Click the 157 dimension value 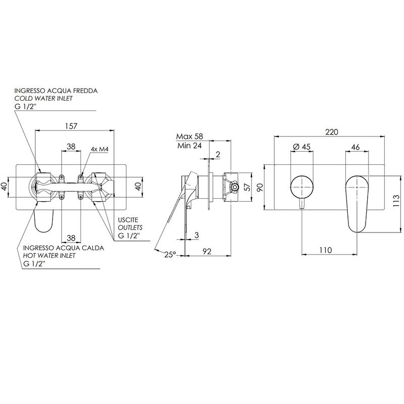click(x=71, y=126)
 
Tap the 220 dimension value click(x=331, y=132)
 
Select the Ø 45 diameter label click(x=301, y=147)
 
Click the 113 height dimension click(x=396, y=201)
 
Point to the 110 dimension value click(x=326, y=250)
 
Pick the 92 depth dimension click(x=207, y=251)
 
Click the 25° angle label click(x=170, y=255)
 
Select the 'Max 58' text click(x=190, y=136)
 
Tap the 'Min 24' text click(x=189, y=146)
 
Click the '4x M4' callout click(x=99, y=149)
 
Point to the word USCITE click(x=128, y=220)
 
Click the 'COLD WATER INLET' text click(x=43, y=98)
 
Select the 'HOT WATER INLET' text click(x=49, y=256)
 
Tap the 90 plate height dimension click(x=260, y=187)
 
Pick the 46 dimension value click(x=356, y=147)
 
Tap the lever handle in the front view click(x=357, y=204)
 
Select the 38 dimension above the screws click(x=71, y=146)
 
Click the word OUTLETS click(x=130, y=228)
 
